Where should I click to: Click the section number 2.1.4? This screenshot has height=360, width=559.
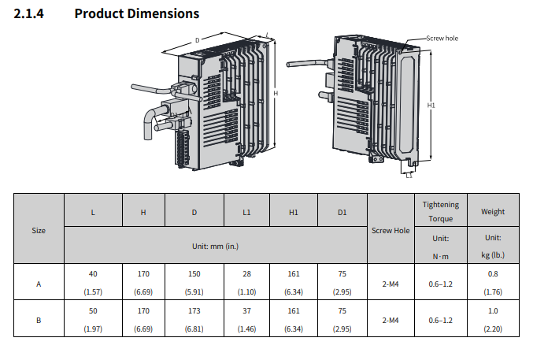(28, 13)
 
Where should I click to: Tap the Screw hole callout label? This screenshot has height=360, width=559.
(442, 38)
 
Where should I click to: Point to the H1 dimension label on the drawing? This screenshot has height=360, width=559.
(431, 106)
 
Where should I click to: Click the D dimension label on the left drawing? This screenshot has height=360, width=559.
(197, 40)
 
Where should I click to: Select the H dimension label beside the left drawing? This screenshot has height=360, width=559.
(276, 93)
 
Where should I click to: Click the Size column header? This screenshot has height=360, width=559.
(39, 231)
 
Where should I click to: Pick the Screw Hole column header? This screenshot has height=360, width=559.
(391, 231)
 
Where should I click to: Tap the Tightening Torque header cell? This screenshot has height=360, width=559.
(441, 212)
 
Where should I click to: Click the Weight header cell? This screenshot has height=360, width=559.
(493, 212)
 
